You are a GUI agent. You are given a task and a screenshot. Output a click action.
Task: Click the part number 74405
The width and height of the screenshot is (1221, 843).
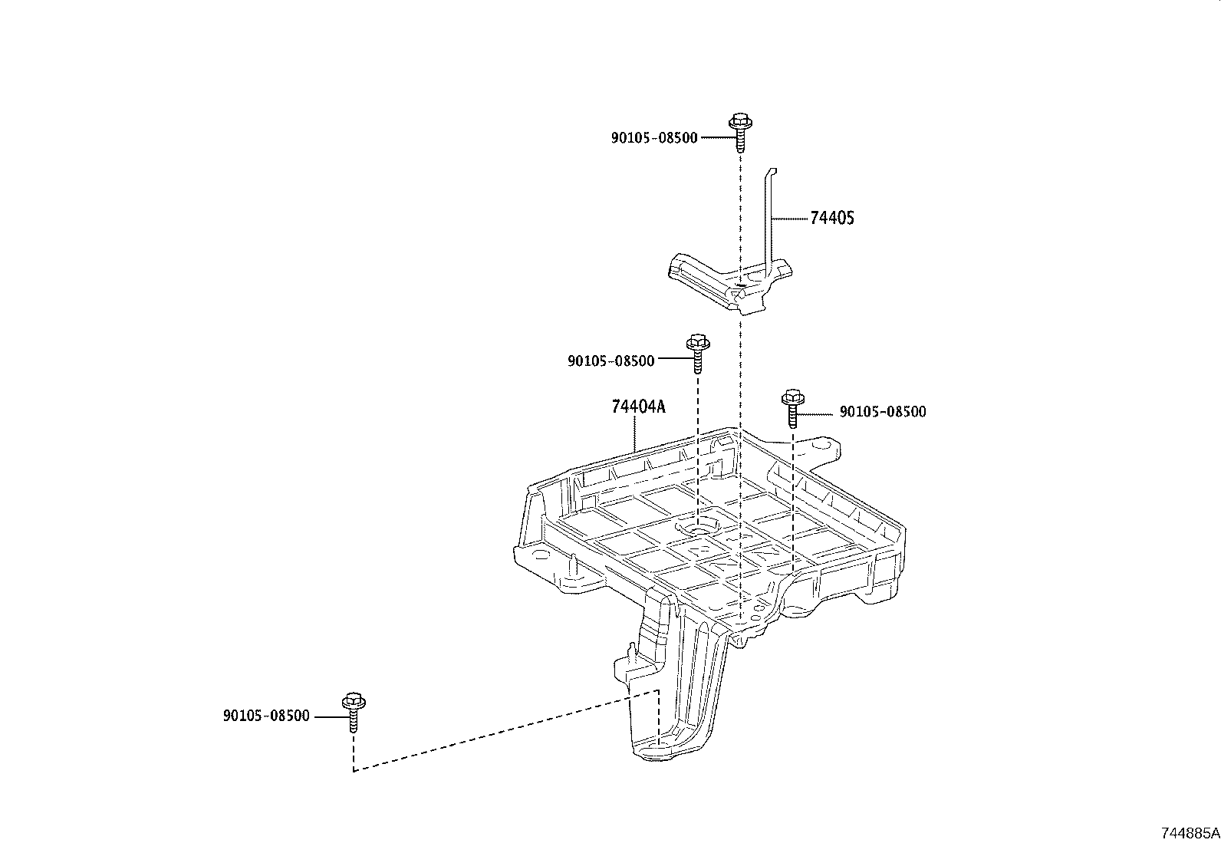click(x=831, y=218)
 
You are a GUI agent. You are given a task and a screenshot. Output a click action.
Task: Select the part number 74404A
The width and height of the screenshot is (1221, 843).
click(x=638, y=407)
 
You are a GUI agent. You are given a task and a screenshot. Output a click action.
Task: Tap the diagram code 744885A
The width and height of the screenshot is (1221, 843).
click(x=1190, y=833)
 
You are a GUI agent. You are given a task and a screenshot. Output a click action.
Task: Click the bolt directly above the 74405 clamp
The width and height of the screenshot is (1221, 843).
click(x=740, y=132)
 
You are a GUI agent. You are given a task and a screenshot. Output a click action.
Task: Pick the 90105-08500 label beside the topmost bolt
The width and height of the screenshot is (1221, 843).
click(x=654, y=138)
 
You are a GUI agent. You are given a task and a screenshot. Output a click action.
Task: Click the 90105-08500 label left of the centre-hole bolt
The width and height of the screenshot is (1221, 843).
click(x=610, y=361)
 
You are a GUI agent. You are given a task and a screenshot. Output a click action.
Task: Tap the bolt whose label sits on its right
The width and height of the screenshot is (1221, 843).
click(x=793, y=407)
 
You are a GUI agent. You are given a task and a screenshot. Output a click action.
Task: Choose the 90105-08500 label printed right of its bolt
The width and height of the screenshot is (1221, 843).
click(x=882, y=412)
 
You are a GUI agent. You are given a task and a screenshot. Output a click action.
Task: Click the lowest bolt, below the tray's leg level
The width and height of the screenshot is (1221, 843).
click(x=354, y=711)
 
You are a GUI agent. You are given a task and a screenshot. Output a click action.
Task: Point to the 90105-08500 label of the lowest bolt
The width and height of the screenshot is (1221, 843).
click(x=266, y=716)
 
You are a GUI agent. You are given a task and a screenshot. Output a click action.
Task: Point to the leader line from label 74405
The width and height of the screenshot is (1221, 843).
click(x=790, y=219)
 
